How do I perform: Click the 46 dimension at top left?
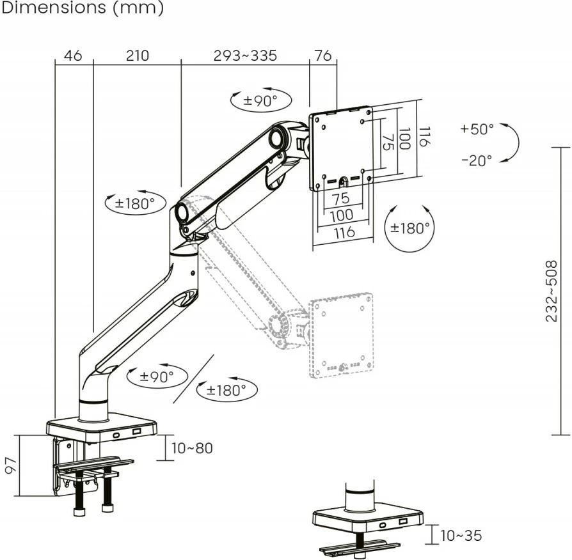click(74, 56)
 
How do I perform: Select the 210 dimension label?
click(137, 56)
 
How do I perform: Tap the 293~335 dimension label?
click(245, 56)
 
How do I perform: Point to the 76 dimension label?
click(323, 56)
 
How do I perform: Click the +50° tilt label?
click(477, 129)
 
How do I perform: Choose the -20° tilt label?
click(477, 160)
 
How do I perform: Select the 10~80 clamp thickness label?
click(192, 448)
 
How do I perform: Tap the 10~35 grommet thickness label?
click(461, 536)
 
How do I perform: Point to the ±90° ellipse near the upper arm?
click(260, 100)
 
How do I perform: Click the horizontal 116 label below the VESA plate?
click(344, 233)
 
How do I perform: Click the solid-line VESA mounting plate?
click(340, 147)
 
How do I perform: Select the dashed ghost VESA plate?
click(341, 334)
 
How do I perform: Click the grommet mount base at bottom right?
click(367, 518)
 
